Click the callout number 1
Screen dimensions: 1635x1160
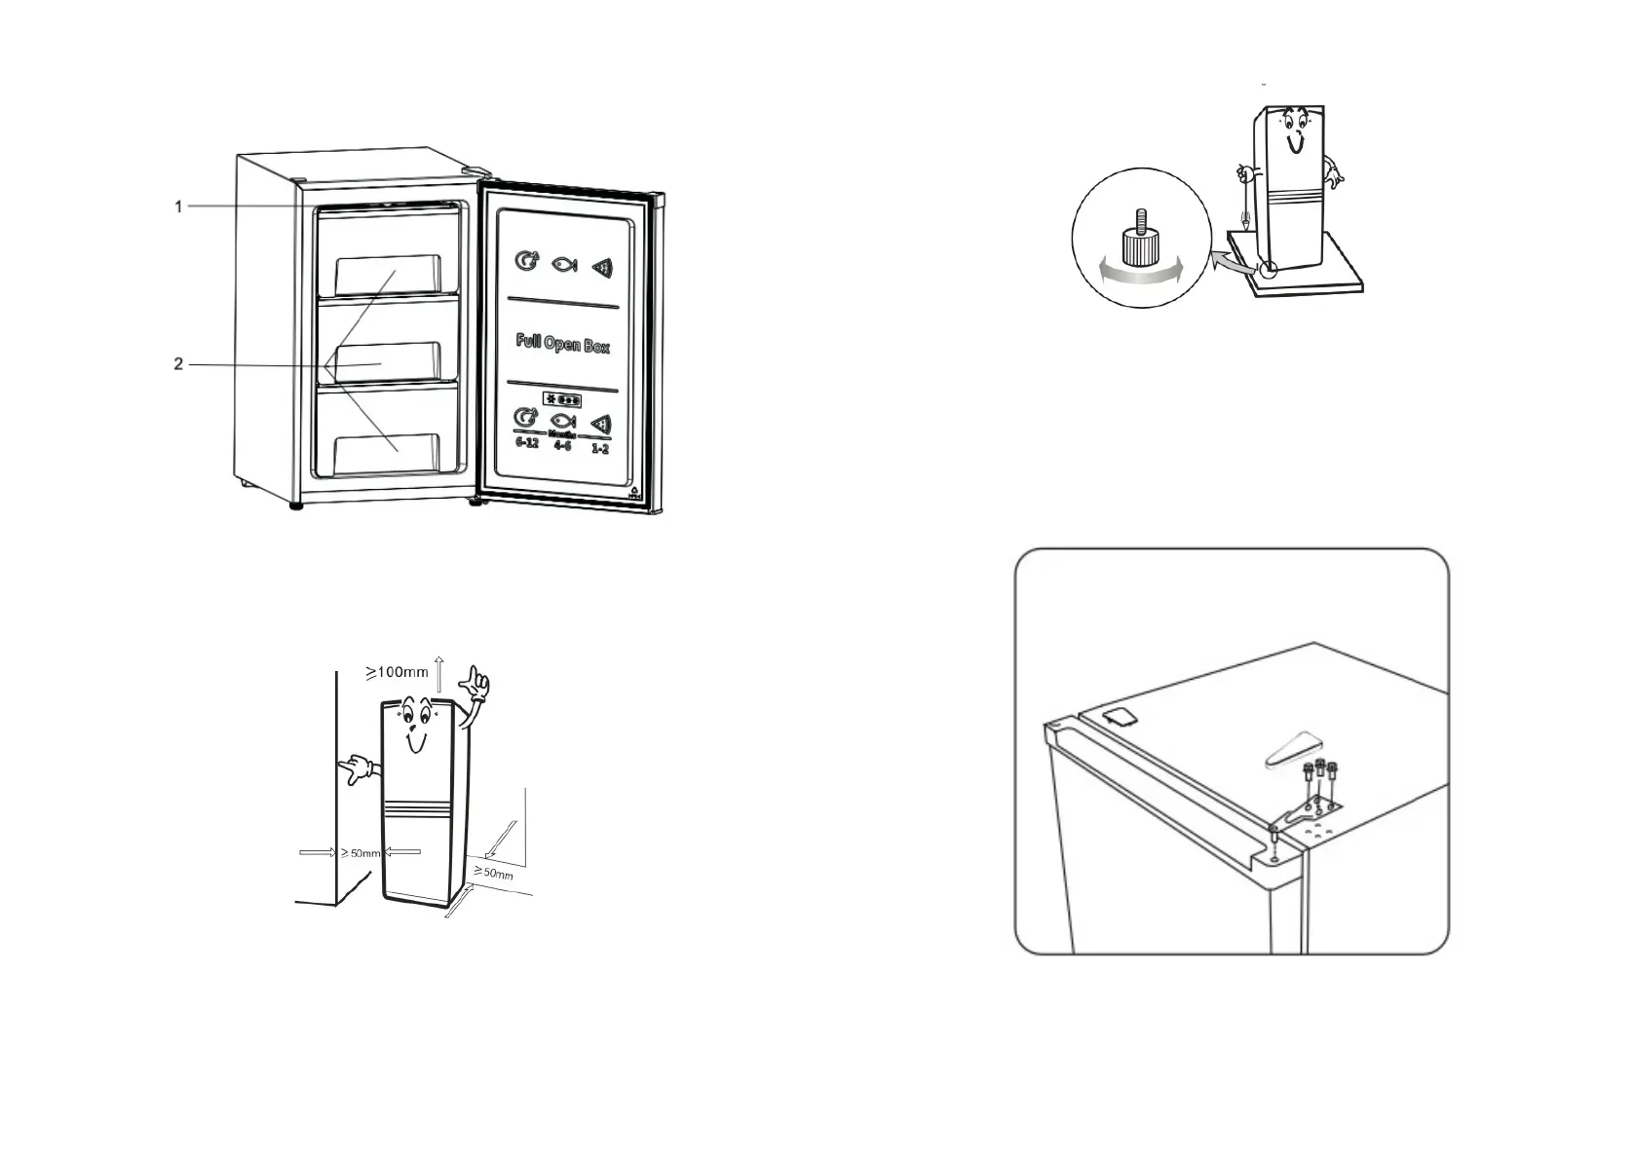(x=178, y=206)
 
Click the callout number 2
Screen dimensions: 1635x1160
(x=178, y=364)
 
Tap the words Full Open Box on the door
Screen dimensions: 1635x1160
(x=563, y=344)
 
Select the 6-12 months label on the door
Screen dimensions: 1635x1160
(x=526, y=442)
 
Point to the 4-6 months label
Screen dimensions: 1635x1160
(x=562, y=445)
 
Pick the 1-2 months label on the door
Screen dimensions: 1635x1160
(x=600, y=448)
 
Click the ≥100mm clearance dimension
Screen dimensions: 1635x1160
(x=397, y=671)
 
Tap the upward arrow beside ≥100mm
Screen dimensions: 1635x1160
(x=439, y=673)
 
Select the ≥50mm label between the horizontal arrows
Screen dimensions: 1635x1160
(x=361, y=853)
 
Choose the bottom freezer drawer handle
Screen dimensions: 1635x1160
(x=387, y=454)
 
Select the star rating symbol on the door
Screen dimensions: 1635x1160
(x=562, y=400)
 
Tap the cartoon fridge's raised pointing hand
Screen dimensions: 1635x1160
(x=475, y=684)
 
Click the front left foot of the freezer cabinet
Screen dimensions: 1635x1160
(x=294, y=505)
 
